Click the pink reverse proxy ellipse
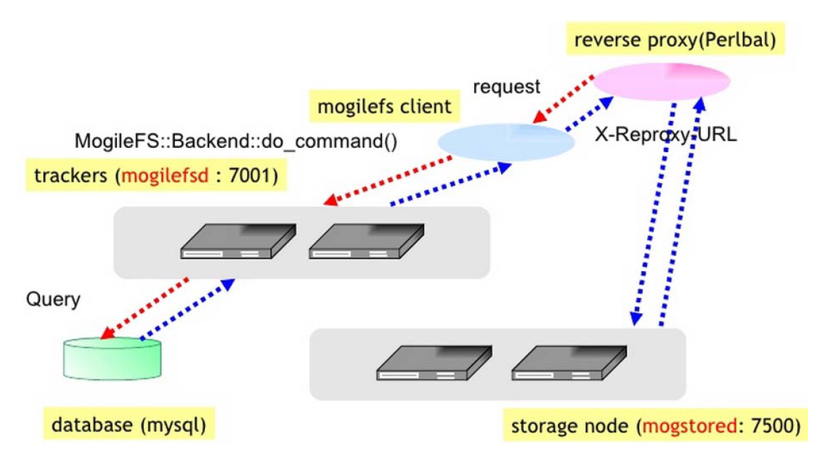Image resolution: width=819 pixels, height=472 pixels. pyautogui.click(x=661, y=81)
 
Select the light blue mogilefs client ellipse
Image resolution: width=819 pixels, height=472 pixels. pyautogui.click(x=506, y=142)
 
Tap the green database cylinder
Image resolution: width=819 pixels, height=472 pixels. pyautogui.click(x=111, y=358)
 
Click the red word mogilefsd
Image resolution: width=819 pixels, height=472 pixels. pyautogui.click(x=165, y=175)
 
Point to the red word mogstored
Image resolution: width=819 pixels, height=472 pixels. pyautogui.click(x=690, y=426)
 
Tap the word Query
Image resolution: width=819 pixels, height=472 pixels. pyautogui.click(x=53, y=300)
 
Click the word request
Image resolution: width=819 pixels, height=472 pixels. pyautogui.click(x=506, y=87)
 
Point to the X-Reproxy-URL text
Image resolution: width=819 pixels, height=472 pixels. pyautogui.click(x=666, y=135)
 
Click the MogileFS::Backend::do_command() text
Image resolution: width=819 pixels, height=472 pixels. pyautogui.click(x=236, y=141)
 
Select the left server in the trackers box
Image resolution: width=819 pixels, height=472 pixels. pyautogui.click(x=238, y=242)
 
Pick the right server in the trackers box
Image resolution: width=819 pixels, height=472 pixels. pyautogui.click(x=366, y=242)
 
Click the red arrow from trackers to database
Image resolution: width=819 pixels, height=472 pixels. pyautogui.click(x=144, y=308)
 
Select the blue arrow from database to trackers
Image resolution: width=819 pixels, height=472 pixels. pyautogui.click(x=187, y=309)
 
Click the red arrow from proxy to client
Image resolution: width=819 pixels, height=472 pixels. pyautogui.click(x=563, y=99)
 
